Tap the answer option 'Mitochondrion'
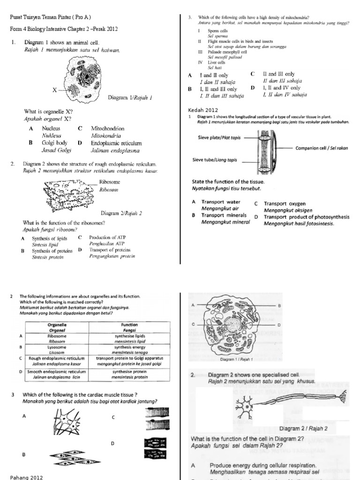(x=107, y=128)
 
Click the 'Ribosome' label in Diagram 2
(x=111, y=182)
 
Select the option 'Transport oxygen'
(x=285, y=203)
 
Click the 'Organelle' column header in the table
(x=57, y=324)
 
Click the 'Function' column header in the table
(x=129, y=324)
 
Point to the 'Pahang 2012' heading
(x=26, y=477)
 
